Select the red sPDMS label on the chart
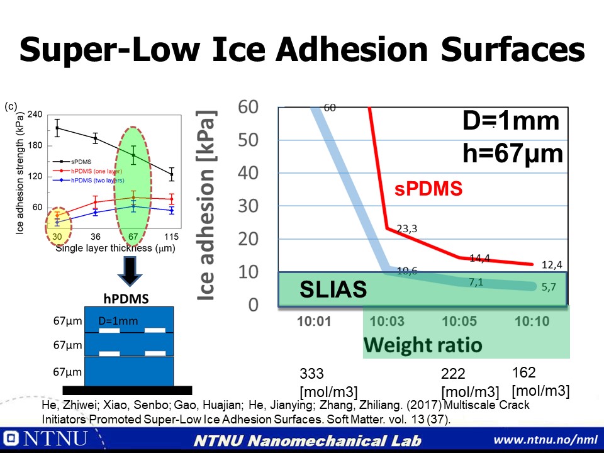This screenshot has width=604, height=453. tap(428, 189)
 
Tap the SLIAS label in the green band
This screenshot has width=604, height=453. tap(333, 289)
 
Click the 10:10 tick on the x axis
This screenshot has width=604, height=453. tap(532, 321)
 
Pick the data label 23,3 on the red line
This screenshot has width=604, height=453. tap(405, 229)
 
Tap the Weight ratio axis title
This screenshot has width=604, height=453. tap(422, 345)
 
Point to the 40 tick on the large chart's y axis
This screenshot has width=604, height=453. tap(249, 173)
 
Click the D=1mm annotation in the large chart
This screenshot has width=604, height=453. tap(511, 121)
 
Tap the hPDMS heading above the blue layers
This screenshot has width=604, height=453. tap(126, 299)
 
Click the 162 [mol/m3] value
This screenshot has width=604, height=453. tap(540, 381)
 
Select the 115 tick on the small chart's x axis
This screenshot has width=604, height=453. tap(171, 237)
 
